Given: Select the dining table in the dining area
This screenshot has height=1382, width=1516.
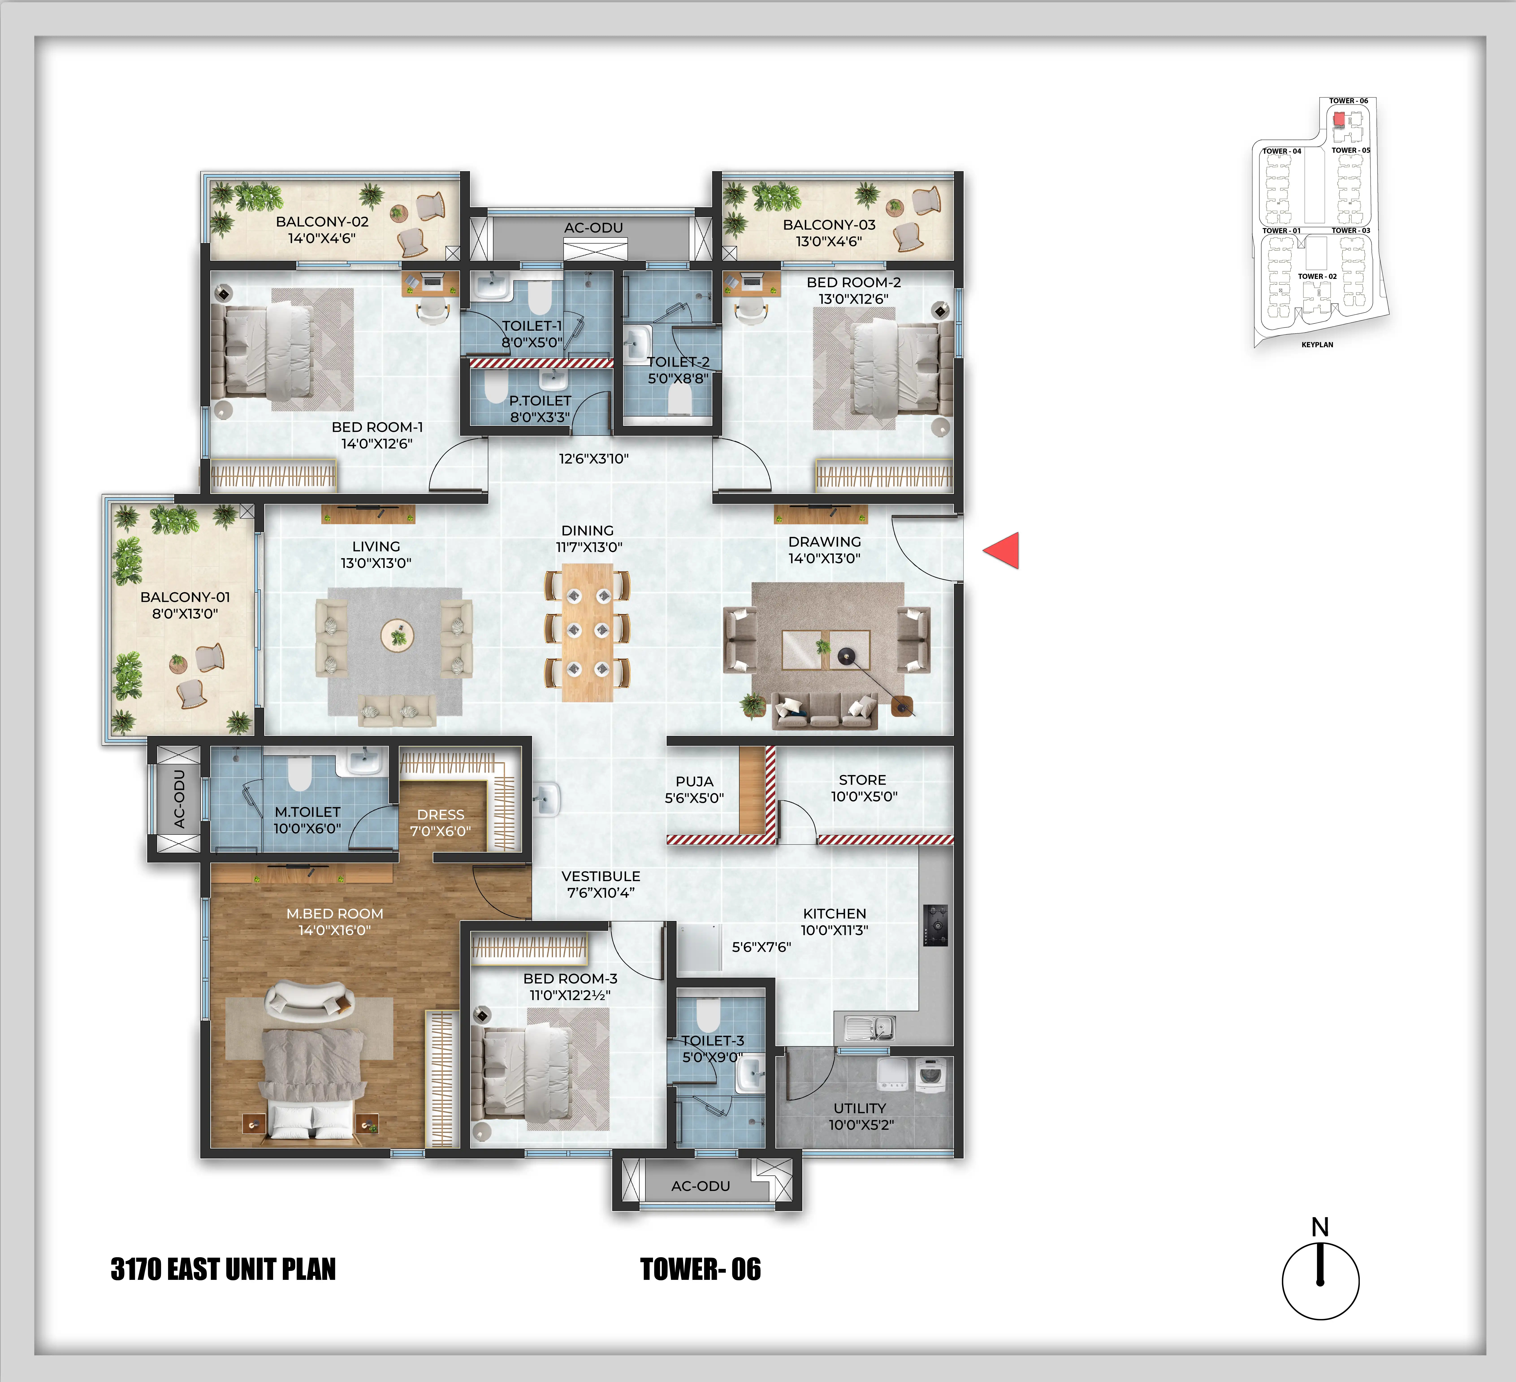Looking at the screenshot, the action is [x=587, y=632].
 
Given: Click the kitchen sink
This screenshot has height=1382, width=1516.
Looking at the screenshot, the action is [x=870, y=1027].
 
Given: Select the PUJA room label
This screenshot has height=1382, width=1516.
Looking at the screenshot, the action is [x=694, y=781].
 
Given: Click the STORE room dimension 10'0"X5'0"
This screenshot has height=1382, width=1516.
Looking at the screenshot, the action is [x=864, y=796].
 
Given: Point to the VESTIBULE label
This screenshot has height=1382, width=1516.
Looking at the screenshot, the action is [x=601, y=876].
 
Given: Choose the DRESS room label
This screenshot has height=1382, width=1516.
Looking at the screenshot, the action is [x=441, y=814].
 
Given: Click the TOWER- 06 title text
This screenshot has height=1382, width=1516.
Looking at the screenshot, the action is [x=700, y=1269].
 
